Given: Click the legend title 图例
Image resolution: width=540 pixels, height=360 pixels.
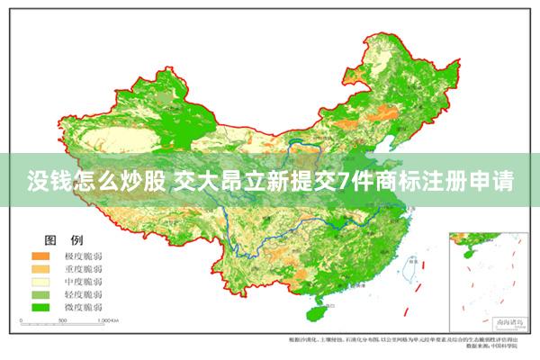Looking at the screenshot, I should pyautogui.click(x=64, y=239).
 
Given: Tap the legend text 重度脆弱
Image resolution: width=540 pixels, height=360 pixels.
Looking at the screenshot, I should pyautogui.click(x=83, y=269).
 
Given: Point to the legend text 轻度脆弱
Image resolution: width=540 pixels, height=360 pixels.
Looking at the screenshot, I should pyautogui.click(x=83, y=294).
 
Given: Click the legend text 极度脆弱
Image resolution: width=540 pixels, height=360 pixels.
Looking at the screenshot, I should pyautogui.click(x=83, y=256).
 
